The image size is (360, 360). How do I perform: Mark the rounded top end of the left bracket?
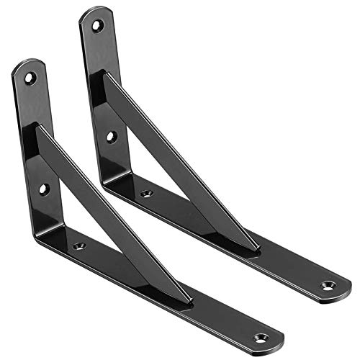[x=25, y=66]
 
